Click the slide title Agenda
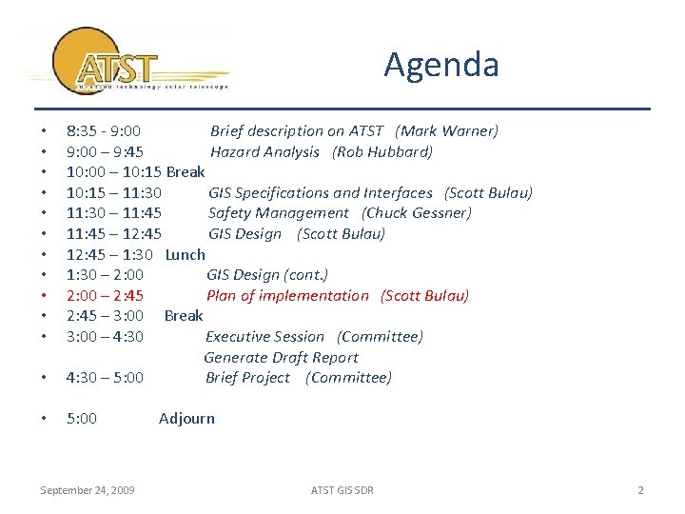coord(440,65)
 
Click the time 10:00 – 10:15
coord(114,172)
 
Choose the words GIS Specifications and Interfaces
coord(320,193)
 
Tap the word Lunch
coord(185,254)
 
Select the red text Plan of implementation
coord(287,295)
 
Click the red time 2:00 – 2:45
coord(105,295)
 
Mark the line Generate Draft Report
coord(281,357)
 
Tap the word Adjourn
coord(186,418)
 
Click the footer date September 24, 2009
coord(87,490)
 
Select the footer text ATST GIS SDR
coord(342,490)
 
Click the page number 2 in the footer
coord(640,490)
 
